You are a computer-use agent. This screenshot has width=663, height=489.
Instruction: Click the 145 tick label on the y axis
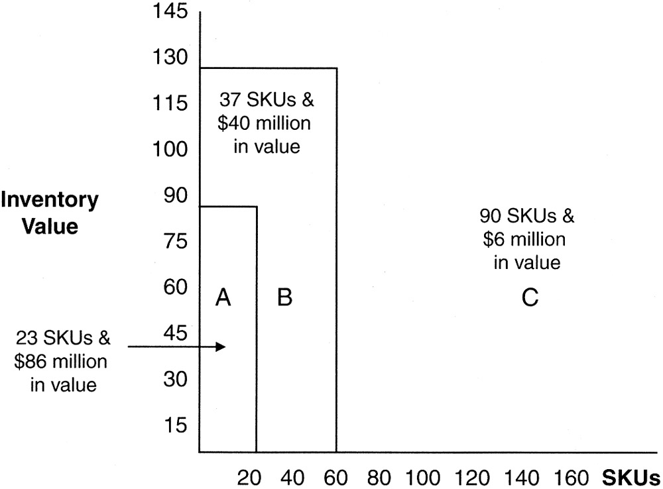pos(170,12)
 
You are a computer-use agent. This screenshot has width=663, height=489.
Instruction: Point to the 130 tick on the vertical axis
pos(170,58)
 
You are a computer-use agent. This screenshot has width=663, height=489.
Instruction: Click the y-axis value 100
pos(170,150)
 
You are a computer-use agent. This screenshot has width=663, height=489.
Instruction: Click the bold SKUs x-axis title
pos(631,478)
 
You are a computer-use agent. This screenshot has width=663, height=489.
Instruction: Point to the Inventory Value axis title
pos(50,213)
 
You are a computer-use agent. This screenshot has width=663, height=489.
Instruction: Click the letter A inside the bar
pos(223,299)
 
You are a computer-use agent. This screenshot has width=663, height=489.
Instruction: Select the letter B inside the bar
pos(284,299)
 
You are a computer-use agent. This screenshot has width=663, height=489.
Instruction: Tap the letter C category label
pos(529,299)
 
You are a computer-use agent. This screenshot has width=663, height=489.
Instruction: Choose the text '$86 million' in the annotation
pos(64,362)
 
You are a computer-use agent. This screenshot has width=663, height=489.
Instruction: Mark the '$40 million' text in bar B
pos(267,125)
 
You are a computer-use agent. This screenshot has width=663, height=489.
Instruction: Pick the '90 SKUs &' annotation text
pos(527,217)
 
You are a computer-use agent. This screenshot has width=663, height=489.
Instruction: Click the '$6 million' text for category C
pos(527,239)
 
